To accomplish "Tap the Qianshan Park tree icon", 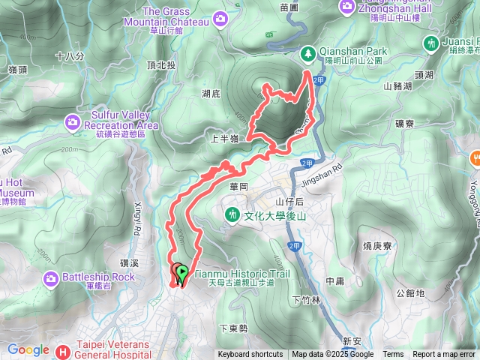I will click(x=308, y=53).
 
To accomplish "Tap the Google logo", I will click(x=28, y=349).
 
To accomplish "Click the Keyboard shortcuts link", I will click(x=250, y=355).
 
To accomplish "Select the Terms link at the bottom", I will click(x=393, y=355).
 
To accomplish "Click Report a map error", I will click(x=444, y=355).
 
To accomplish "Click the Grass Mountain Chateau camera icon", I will click(x=220, y=17).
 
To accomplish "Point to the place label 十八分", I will click(x=70, y=55).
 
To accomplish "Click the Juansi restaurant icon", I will click(x=431, y=43).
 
